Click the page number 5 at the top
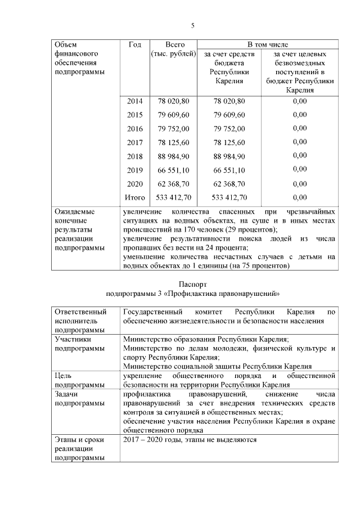(193, 26)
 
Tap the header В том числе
(267, 44)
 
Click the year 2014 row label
(135, 101)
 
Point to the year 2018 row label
(135, 156)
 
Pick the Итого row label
(135, 197)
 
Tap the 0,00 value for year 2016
(300, 129)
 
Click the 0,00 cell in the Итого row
(300, 197)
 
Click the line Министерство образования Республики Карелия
(206, 340)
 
